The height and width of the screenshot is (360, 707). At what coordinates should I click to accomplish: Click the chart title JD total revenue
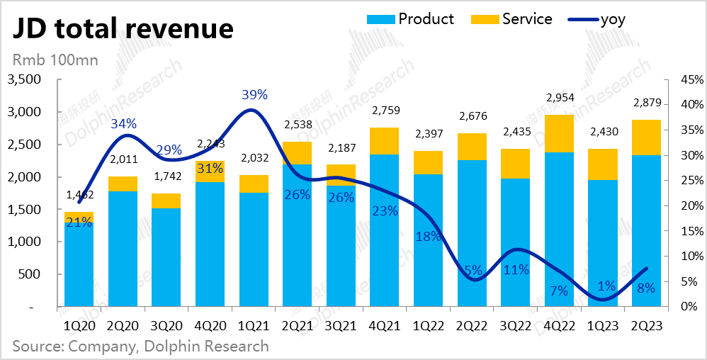(121, 28)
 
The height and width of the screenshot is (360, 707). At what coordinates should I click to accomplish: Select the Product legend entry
(426, 19)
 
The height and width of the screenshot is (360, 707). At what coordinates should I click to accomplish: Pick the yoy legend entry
(612, 19)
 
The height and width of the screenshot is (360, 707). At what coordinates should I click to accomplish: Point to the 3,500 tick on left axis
(26, 80)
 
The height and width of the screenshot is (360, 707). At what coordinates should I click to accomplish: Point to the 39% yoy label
(254, 94)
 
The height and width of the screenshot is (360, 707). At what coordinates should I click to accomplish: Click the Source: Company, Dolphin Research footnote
(140, 347)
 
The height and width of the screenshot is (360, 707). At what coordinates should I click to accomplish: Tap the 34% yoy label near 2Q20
(123, 124)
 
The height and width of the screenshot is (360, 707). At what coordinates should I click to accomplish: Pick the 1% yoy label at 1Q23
(606, 286)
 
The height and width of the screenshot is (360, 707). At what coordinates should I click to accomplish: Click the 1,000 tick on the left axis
(26, 242)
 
